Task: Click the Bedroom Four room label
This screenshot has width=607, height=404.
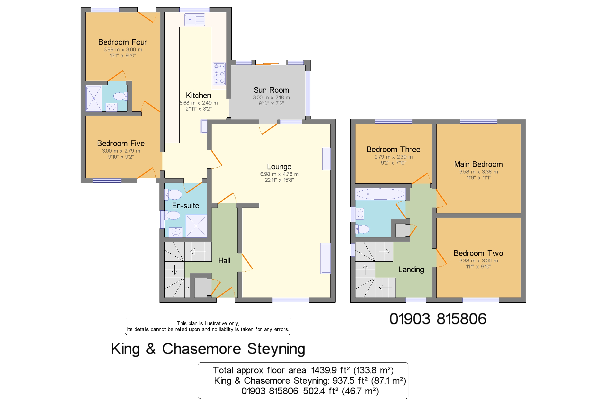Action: pos(123,42)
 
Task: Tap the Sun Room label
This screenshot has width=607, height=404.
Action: pos(271,90)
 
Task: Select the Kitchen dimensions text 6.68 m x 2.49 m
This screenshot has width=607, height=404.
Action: pos(198,103)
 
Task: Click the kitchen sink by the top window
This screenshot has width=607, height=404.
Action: pos(195,20)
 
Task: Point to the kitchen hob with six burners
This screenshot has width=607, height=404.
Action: pos(219,74)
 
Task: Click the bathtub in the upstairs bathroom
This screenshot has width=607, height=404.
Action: pos(380,194)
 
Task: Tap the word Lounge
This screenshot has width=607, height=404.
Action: pos(279,167)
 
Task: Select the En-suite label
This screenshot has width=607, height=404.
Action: pos(185,206)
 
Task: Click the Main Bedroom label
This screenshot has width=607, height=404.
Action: pos(478,164)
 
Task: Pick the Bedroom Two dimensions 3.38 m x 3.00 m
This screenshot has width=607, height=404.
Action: pos(478,260)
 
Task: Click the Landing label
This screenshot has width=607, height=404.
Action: pos(411,269)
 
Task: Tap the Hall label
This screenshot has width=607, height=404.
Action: pos(224,260)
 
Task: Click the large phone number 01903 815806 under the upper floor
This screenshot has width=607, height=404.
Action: pos(438,319)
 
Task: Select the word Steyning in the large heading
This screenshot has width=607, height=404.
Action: pos(276,349)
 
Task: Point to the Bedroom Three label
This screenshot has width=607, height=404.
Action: pos(393,149)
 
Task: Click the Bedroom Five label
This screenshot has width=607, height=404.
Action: pos(121,143)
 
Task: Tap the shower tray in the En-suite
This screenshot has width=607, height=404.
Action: pos(196,226)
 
